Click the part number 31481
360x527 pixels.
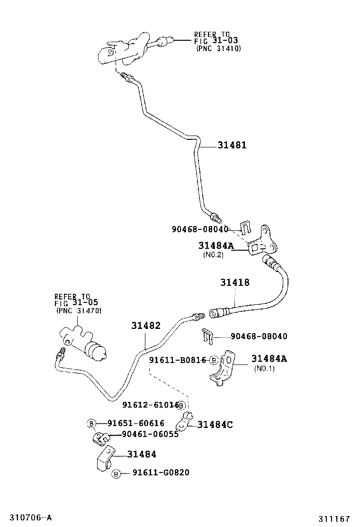[x=232, y=145]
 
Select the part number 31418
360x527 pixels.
[x=234, y=282]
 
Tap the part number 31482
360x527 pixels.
[x=146, y=326]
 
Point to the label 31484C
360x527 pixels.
[x=215, y=425]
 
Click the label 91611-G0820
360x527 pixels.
[x=161, y=472]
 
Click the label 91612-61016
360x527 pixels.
[x=150, y=405]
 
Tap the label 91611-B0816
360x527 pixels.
[x=178, y=360]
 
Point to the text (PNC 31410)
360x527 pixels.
[x=218, y=48]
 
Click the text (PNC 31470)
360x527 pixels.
[x=79, y=311]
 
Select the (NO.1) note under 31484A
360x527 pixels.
[x=264, y=368]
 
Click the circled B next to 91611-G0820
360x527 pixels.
[x=116, y=473]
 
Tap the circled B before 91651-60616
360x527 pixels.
[x=91, y=423]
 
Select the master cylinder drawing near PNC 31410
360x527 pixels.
[x=125, y=49]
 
